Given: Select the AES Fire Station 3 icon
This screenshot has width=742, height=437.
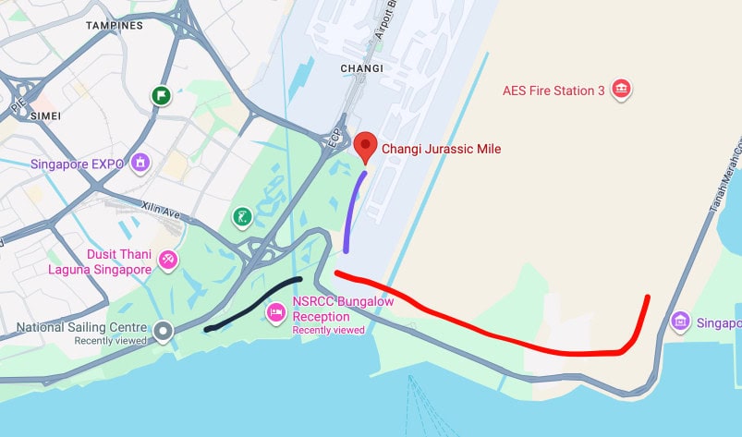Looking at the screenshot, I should [621, 89].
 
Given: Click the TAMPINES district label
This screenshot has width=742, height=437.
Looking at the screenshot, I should [115, 26].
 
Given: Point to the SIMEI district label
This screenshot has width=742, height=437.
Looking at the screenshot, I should [44, 115].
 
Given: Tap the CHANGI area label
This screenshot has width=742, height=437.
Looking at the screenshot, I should [361, 68].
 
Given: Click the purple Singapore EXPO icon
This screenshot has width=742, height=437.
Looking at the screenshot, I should [140, 164].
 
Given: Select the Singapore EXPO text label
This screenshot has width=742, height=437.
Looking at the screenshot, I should [77, 164].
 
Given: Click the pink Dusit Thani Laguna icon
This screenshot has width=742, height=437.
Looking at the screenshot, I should [168, 260].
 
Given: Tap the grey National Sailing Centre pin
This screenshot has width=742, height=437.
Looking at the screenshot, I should [164, 330].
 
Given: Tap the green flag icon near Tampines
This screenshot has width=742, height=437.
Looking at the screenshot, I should [161, 95].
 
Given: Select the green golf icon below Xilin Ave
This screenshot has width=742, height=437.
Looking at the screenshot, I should [241, 217].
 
